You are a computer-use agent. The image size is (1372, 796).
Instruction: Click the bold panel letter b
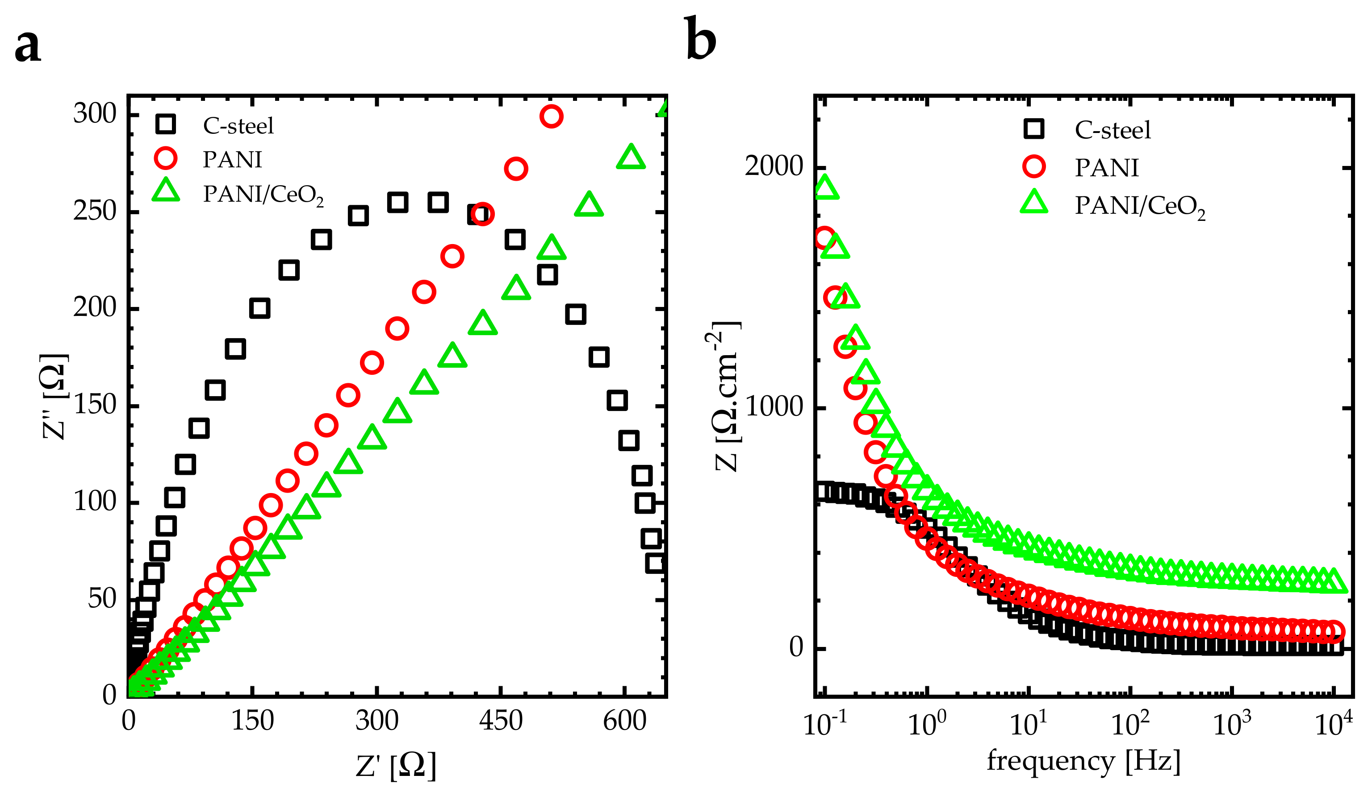pyautogui.click(x=700, y=40)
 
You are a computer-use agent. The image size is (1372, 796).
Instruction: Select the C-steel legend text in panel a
pyautogui.click(x=238, y=126)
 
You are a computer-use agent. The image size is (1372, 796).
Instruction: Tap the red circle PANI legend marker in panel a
pyautogui.click(x=166, y=158)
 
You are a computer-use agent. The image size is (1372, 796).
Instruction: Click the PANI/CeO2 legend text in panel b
pyautogui.click(x=1139, y=206)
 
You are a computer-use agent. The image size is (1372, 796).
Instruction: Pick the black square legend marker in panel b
pyautogui.click(x=1033, y=129)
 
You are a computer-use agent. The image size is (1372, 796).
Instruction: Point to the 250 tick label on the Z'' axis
pyautogui.click(x=95, y=211)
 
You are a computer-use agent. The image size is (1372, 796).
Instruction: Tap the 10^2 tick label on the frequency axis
pyautogui.click(x=1130, y=724)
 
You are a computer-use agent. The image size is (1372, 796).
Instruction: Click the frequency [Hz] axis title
pyautogui.click(x=1083, y=761)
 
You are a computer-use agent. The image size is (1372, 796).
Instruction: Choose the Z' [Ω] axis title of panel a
pyautogui.click(x=396, y=766)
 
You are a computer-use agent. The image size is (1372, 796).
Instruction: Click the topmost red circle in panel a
pyautogui.click(x=551, y=116)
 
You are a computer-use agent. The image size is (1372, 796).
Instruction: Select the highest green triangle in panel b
pyautogui.click(x=825, y=188)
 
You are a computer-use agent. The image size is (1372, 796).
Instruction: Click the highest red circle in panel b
pyautogui.click(x=824, y=238)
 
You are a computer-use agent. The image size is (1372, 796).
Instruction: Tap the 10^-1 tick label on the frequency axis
pyautogui.click(x=825, y=724)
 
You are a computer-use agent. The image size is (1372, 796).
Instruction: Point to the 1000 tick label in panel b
pyautogui.click(x=773, y=407)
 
